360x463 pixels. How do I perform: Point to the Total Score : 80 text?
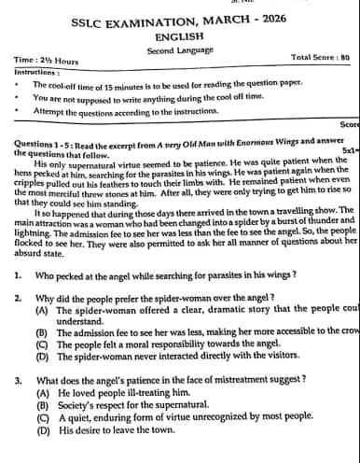[320, 57]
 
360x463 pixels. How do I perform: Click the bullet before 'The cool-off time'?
[20, 84]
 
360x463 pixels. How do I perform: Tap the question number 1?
[19, 274]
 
